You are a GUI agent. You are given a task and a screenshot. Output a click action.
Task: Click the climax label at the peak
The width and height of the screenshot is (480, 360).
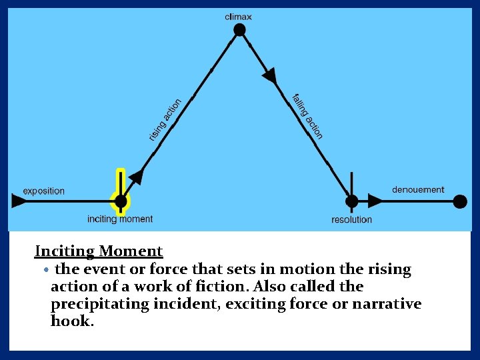(x=238, y=16)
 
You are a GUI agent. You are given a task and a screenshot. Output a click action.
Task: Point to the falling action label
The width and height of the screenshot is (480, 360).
(x=307, y=116)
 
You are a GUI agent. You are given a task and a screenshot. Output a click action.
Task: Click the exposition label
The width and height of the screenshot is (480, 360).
(x=44, y=191)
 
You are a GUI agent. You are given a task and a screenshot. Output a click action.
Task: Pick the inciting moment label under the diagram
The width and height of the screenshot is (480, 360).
(x=120, y=219)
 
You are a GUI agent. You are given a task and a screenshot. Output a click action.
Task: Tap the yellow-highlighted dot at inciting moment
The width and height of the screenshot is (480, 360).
(x=121, y=201)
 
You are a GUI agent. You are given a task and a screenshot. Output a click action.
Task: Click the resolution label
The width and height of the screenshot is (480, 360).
(x=351, y=219)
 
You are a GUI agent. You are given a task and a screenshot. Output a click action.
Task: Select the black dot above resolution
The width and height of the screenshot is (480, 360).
(x=351, y=201)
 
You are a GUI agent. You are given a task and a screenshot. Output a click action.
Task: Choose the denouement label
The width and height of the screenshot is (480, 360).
(x=418, y=190)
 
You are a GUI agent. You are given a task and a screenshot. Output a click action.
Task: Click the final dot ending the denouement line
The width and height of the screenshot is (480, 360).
(x=460, y=201)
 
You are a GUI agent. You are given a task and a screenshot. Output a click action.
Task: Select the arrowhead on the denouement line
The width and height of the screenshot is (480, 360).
(x=376, y=201)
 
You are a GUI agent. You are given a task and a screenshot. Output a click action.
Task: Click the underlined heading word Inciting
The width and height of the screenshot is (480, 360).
(x=65, y=251)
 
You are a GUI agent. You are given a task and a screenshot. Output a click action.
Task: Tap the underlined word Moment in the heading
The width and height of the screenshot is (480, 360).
(x=131, y=251)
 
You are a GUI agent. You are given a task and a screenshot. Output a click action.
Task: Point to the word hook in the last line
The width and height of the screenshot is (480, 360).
(x=71, y=321)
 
